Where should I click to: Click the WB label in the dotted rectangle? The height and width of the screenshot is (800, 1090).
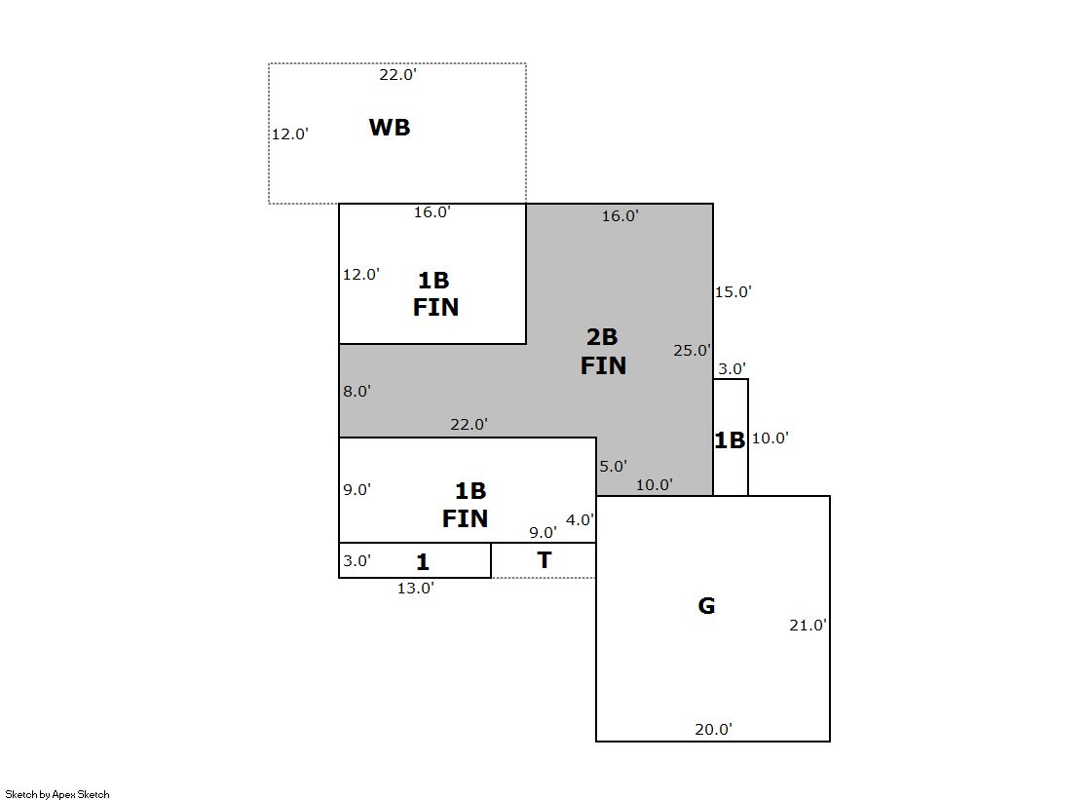pyautogui.click(x=390, y=128)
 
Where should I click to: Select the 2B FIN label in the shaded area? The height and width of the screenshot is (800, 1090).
pyautogui.click(x=603, y=352)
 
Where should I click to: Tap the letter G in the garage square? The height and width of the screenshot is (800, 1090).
pyautogui.click(x=706, y=606)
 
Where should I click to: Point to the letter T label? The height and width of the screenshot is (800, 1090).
pyautogui.click(x=545, y=560)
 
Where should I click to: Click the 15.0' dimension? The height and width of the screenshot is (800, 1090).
pyautogui.click(x=733, y=291)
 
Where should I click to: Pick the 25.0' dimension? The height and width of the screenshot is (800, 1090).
pyautogui.click(x=692, y=351)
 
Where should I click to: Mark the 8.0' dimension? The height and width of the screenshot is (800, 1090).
pyautogui.click(x=357, y=391)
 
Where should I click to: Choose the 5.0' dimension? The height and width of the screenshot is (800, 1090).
pyautogui.click(x=613, y=467)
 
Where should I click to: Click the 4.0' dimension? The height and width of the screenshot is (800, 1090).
pyautogui.click(x=580, y=520)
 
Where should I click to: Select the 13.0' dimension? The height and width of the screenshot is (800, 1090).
pyautogui.click(x=415, y=588)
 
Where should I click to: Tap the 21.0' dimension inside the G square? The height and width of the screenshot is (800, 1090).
pyautogui.click(x=808, y=626)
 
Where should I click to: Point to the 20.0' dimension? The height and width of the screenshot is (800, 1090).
pyautogui.click(x=713, y=729)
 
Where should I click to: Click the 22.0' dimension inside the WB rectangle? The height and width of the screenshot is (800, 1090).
pyautogui.click(x=398, y=74)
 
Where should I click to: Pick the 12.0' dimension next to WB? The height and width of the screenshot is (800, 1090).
pyautogui.click(x=289, y=134)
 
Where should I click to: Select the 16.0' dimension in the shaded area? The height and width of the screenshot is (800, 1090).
pyautogui.click(x=620, y=216)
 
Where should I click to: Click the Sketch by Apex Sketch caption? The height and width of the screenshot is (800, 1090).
pyautogui.click(x=57, y=794)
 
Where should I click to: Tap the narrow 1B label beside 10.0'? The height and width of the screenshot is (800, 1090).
pyautogui.click(x=730, y=440)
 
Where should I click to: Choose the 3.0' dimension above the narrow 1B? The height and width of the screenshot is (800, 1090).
pyautogui.click(x=732, y=369)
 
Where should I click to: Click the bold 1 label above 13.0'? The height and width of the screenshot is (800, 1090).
pyautogui.click(x=423, y=562)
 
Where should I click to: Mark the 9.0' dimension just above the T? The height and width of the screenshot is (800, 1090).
pyautogui.click(x=543, y=533)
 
